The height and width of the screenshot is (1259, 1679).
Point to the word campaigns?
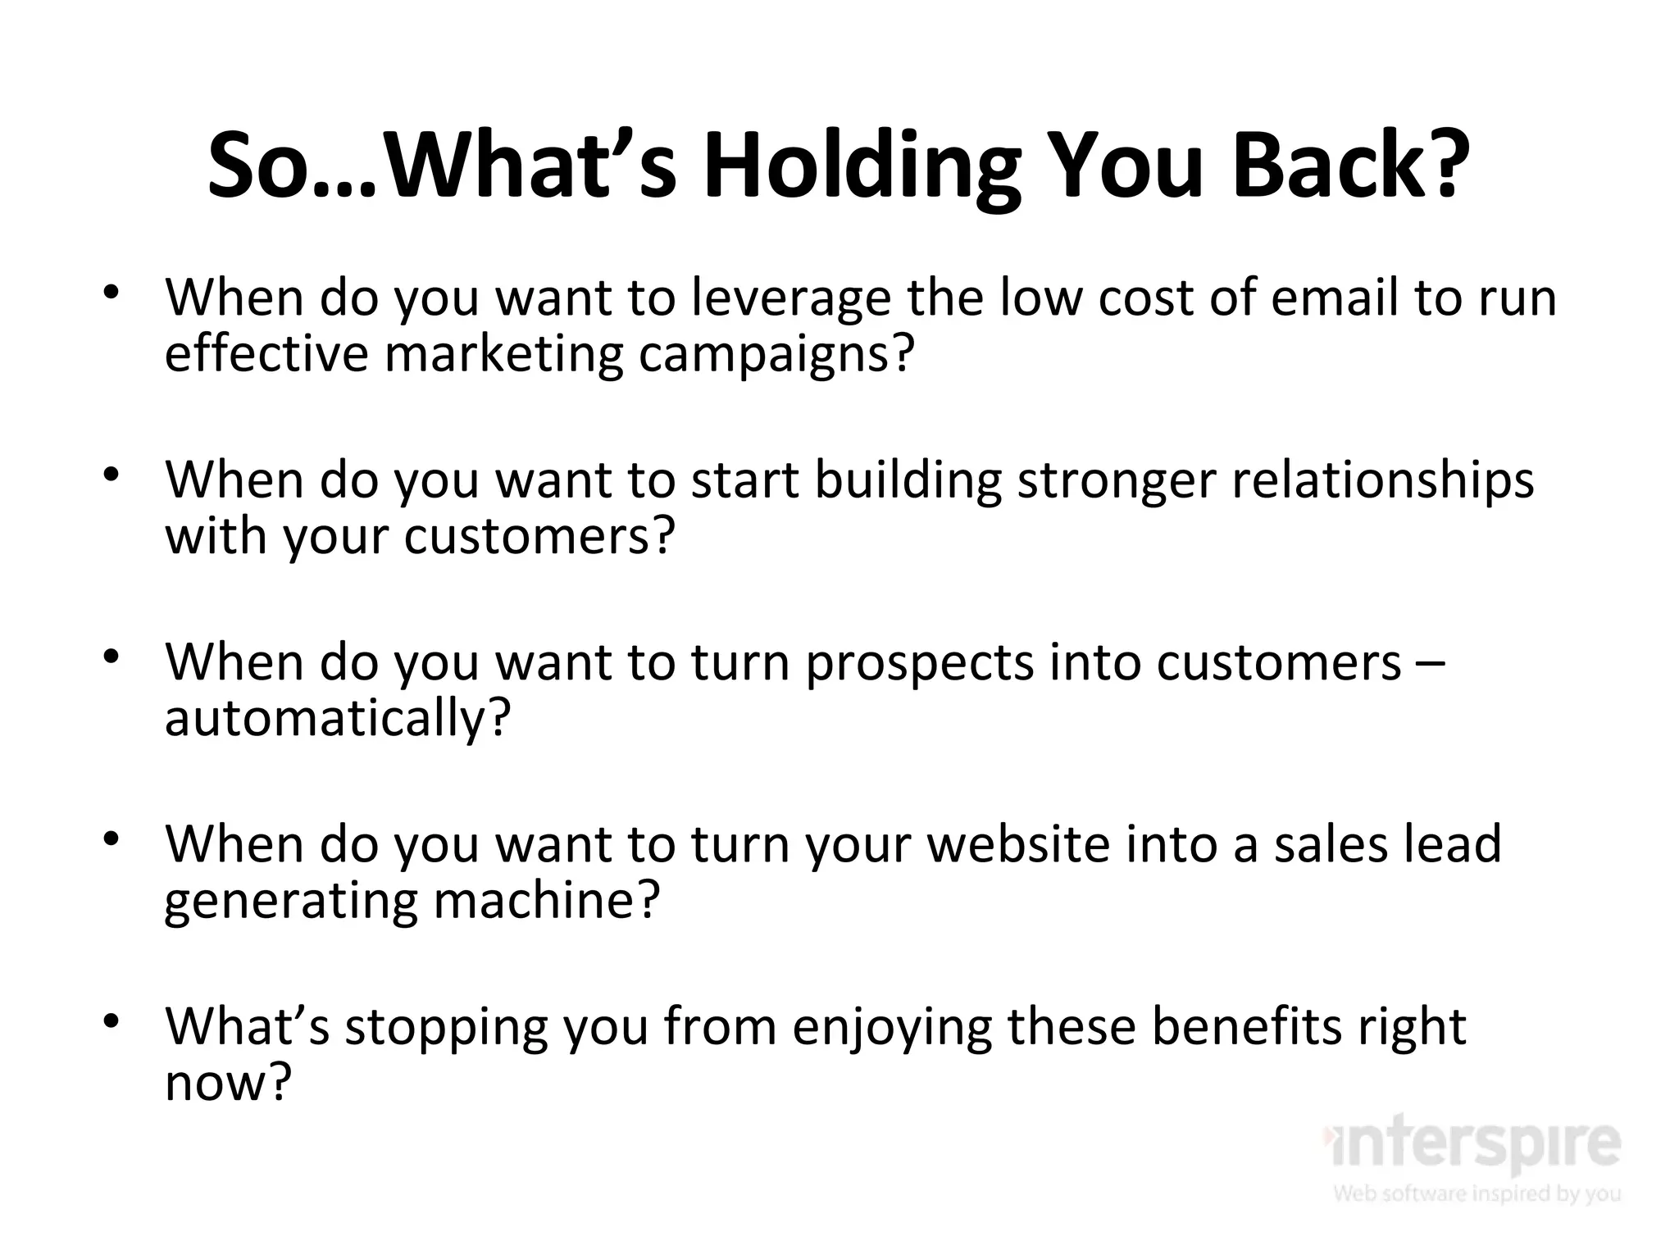(776, 355)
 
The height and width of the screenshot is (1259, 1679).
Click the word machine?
(546, 901)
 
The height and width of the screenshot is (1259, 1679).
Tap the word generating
(290, 901)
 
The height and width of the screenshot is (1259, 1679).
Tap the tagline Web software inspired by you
(1477, 1193)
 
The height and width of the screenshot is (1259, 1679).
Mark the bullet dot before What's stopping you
(112, 1022)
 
